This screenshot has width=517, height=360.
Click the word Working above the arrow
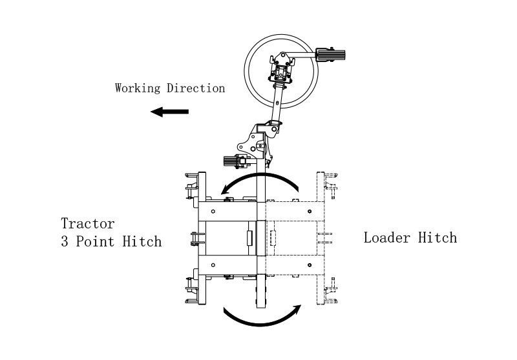[138, 88]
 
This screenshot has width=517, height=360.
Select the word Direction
[196, 88]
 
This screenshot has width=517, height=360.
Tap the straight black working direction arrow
[169, 112]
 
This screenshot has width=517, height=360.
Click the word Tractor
[88, 224]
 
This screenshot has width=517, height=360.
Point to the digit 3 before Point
[64, 241]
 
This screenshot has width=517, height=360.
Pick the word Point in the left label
[95, 241]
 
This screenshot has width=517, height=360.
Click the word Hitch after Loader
[438, 237]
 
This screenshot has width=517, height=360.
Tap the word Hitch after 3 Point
[142, 241]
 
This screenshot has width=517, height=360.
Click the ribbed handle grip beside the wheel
[330, 55]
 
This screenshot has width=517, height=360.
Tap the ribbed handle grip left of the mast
[231, 161]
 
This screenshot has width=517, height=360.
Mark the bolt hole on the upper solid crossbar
[213, 211]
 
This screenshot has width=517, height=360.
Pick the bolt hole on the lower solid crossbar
[213, 265]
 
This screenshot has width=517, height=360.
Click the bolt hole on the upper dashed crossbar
[310, 211]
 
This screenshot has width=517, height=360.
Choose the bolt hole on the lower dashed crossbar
[310, 265]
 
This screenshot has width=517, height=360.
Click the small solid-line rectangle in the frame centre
[249, 238]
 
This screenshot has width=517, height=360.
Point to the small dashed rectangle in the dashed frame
[273, 238]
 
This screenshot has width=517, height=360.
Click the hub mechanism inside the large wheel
[281, 68]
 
